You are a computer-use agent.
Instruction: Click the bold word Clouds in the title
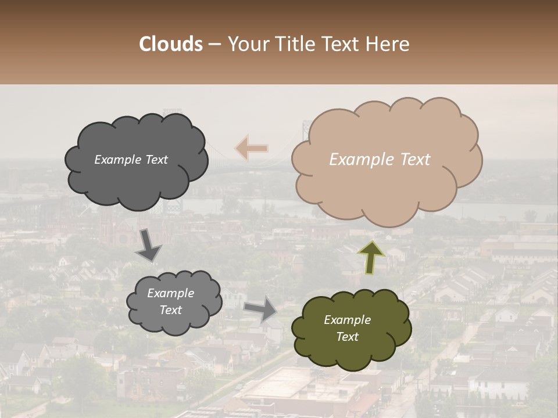pos(171,44)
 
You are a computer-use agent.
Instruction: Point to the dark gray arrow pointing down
pos(149,244)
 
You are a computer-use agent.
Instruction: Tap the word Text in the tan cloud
pos(415,160)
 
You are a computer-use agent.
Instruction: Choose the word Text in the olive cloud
pos(347,337)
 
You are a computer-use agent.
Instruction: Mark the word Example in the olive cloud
pos(347,320)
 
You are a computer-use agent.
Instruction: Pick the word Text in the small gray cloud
pos(171,310)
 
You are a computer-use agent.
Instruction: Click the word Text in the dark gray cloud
pos(156,160)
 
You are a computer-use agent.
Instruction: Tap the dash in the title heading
pos(214,45)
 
